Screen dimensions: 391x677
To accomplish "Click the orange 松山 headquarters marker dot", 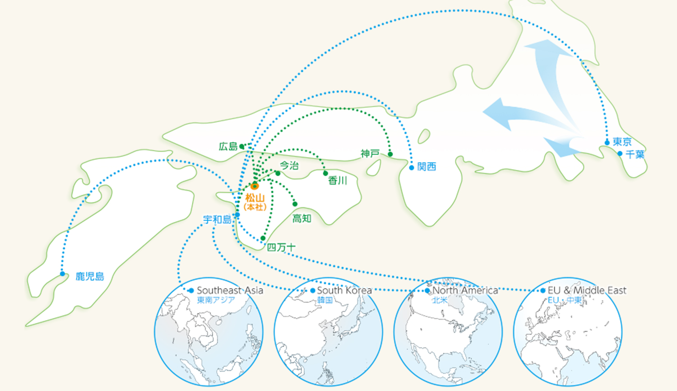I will tap(255, 186).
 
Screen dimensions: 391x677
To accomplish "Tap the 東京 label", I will tap(622, 142).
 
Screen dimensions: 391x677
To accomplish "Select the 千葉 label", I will tap(635, 154).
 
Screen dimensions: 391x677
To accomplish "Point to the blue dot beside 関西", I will tap(412, 168).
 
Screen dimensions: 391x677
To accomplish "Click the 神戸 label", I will tap(370, 154).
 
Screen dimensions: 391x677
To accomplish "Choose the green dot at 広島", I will tap(242, 146).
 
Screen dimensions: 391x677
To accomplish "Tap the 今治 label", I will tap(289, 166).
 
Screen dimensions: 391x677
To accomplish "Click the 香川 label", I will tap(338, 181).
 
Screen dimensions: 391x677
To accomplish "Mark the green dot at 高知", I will tap(295, 204).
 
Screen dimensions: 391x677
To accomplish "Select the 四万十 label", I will tap(281, 247).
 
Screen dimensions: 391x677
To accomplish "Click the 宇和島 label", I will tap(217, 220).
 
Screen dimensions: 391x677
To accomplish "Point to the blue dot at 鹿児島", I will tap(63, 274).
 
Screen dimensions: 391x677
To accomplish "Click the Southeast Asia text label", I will tap(230, 290).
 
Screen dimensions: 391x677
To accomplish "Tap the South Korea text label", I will tap(344, 290).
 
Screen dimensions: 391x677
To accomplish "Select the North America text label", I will tap(465, 290).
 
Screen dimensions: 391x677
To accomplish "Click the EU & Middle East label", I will tap(587, 290).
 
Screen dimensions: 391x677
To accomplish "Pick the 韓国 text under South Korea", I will tap(325, 300).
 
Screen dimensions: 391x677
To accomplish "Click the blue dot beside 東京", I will tap(607, 143).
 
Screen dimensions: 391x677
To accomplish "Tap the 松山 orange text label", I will tap(255, 198).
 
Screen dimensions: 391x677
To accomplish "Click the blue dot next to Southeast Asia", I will tap(191, 291).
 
